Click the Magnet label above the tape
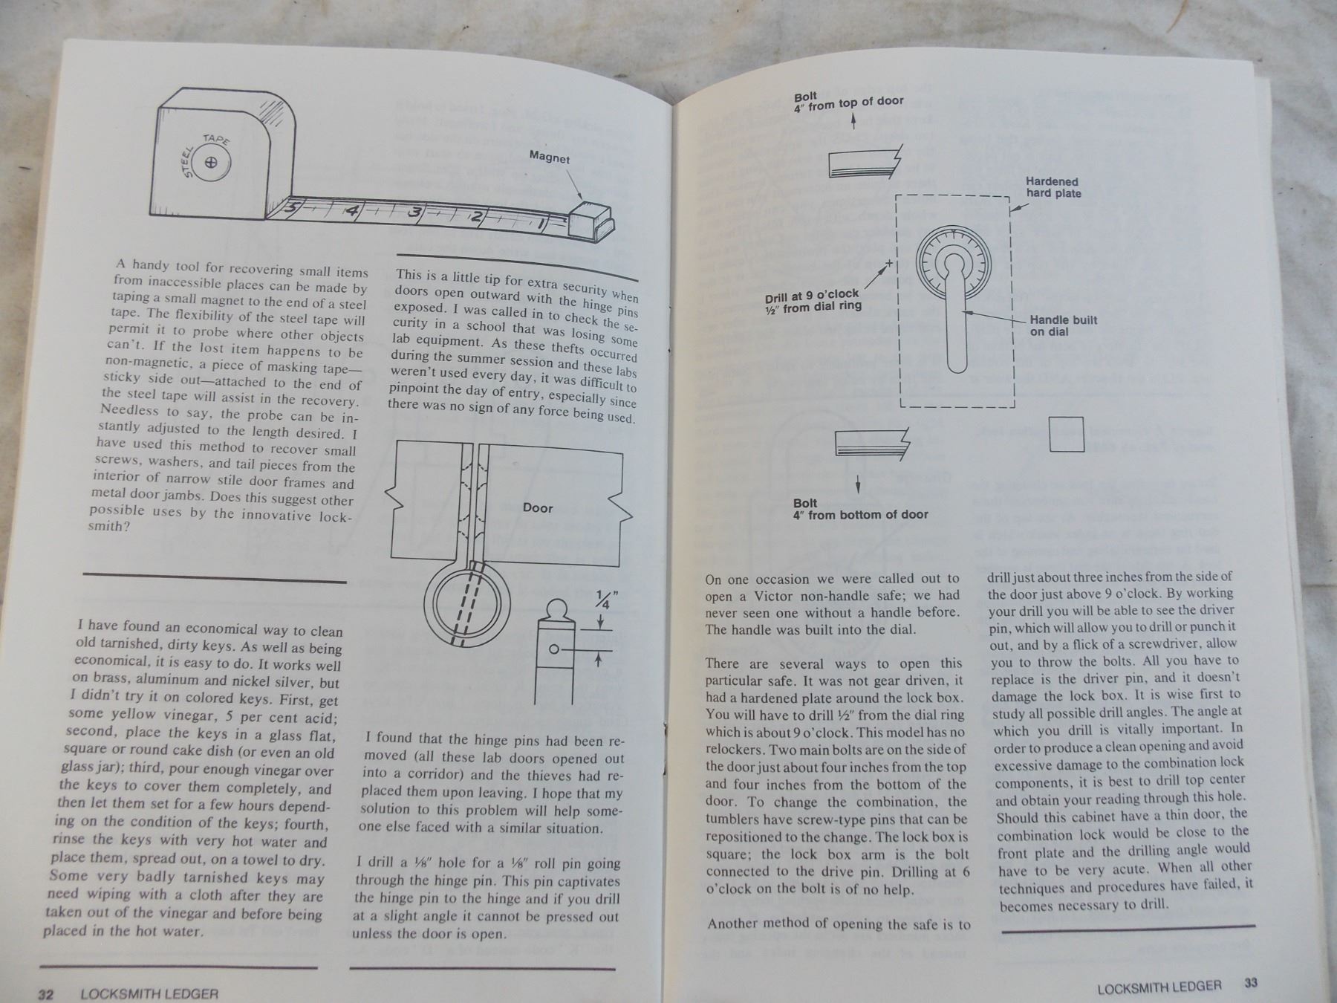tap(550, 157)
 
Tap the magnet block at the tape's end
tap(591, 221)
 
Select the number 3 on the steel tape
tap(416, 214)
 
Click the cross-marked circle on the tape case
tap(212, 163)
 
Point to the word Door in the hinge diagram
tap(537, 507)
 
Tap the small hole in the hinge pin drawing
tap(553, 649)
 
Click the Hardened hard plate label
tap(1053, 187)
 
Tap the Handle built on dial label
tap(1063, 325)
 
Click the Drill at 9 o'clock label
tap(813, 299)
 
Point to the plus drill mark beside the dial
tap(889, 264)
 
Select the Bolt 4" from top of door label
tap(848, 101)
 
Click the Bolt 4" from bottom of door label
tap(860, 508)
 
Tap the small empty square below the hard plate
tap(1067, 435)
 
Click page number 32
tap(45, 994)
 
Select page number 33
tap(1251, 983)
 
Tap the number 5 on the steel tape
tap(292, 209)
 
